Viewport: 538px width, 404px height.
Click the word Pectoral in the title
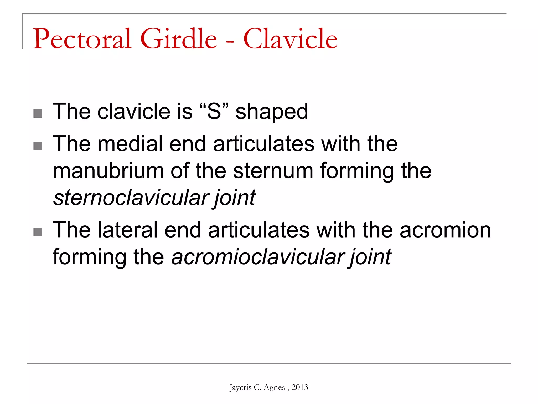tap(82, 39)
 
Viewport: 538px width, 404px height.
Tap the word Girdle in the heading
tap(179, 39)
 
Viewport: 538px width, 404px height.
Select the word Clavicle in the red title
tap(290, 39)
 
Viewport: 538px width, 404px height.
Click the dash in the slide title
tap(230, 42)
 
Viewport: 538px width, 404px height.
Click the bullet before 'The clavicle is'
tap(38, 114)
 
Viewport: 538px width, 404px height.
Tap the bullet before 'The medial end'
tap(38, 146)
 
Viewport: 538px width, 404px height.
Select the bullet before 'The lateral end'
tap(38, 232)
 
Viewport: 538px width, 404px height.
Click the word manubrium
tap(108, 171)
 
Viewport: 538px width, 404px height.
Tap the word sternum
tap(273, 171)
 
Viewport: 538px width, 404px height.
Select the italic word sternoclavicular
tap(131, 198)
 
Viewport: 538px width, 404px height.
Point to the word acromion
tap(445, 230)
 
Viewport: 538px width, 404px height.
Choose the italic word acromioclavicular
tap(257, 257)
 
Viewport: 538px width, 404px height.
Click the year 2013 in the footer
tap(300, 387)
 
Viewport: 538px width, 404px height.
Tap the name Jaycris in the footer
tap(240, 387)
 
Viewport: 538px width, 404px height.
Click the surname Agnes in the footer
tap(274, 387)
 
